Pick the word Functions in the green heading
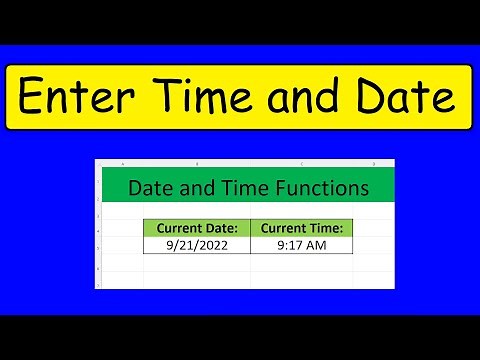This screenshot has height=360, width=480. click(x=319, y=187)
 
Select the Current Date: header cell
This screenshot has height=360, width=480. click(x=196, y=229)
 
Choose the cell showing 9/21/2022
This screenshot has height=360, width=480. click(x=196, y=243)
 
